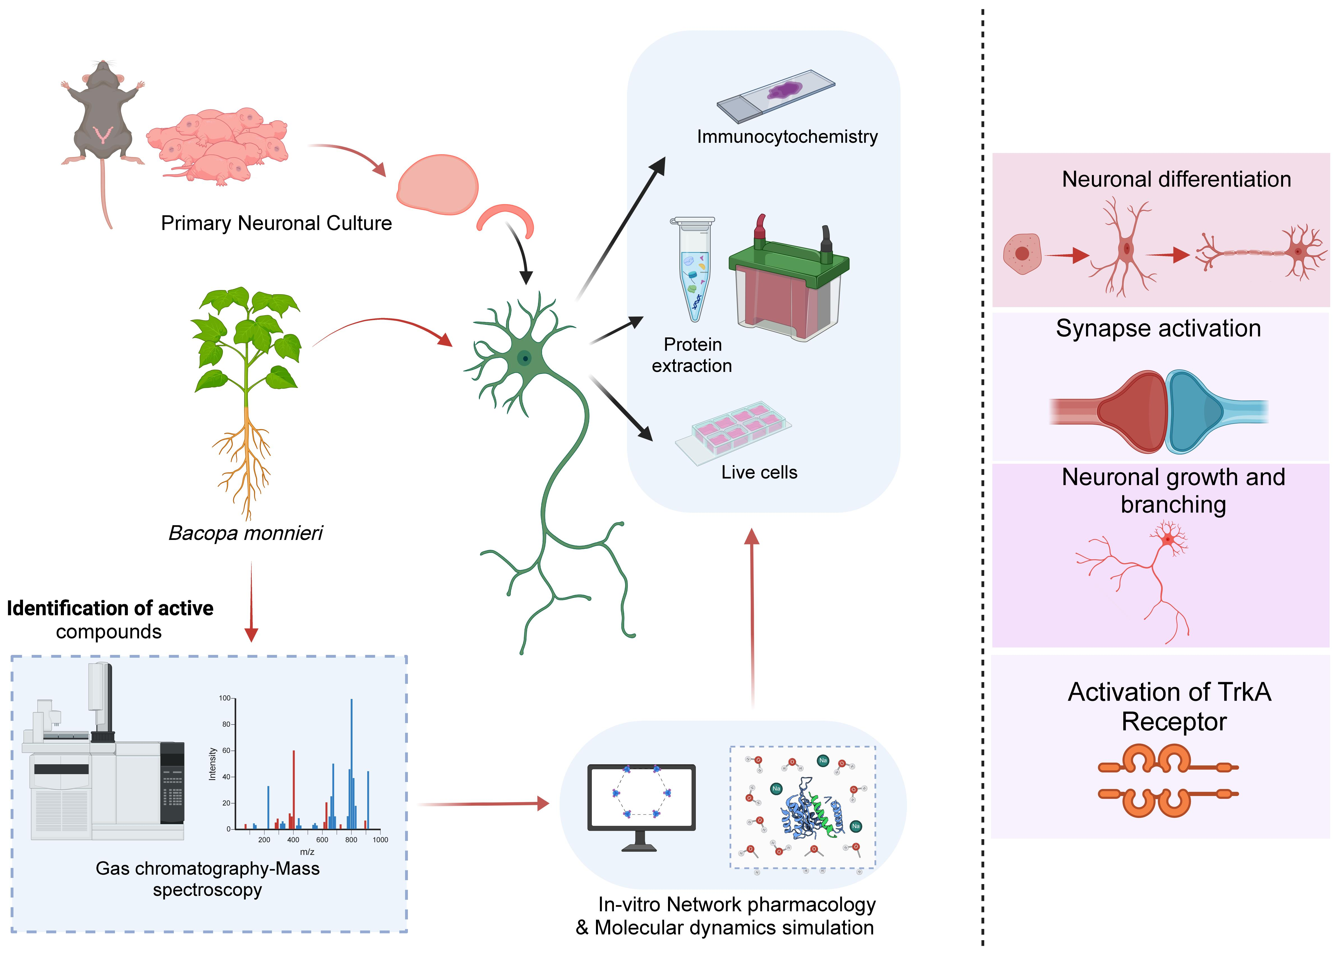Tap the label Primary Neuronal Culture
pos(276,223)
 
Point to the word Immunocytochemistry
pos(787,137)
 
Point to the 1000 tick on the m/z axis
pos(380,840)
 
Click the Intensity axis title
pos(212,764)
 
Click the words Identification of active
pos(110,608)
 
